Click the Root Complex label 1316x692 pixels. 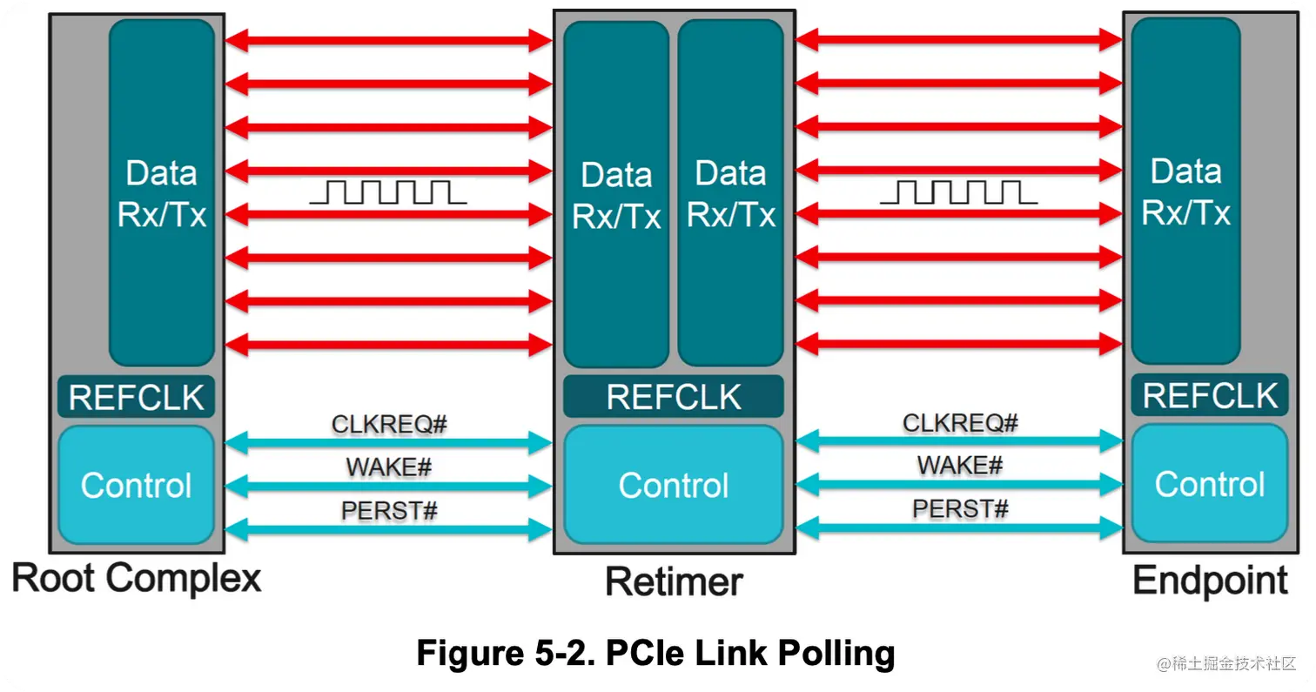[x=137, y=579]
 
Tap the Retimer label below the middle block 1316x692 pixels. [x=674, y=581]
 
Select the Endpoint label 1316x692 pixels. [x=1210, y=581]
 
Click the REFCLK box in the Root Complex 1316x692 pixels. [x=136, y=398]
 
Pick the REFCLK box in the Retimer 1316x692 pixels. [x=674, y=397]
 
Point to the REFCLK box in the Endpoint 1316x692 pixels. [x=1210, y=396]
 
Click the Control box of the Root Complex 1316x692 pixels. [x=136, y=485]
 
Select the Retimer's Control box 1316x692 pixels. [x=674, y=485]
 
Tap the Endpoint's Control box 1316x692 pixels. [x=1210, y=484]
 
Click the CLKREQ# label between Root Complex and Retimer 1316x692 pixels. [x=389, y=425]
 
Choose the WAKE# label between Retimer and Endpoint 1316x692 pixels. [x=959, y=466]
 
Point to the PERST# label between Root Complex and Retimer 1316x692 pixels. [x=389, y=511]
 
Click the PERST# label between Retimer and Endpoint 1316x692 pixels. [x=959, y=508]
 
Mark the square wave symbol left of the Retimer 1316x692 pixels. [x=388, y=192]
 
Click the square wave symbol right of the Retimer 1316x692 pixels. [x=958, y=191]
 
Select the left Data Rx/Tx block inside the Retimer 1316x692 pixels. [x=616, y=193]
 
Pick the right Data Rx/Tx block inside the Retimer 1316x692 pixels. [x=731, y=193]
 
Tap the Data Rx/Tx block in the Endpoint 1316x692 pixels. [x=1185, y=191]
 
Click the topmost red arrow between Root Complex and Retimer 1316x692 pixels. [x=388, y=39]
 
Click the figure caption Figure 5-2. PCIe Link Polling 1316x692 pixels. [x=655, y=652]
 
